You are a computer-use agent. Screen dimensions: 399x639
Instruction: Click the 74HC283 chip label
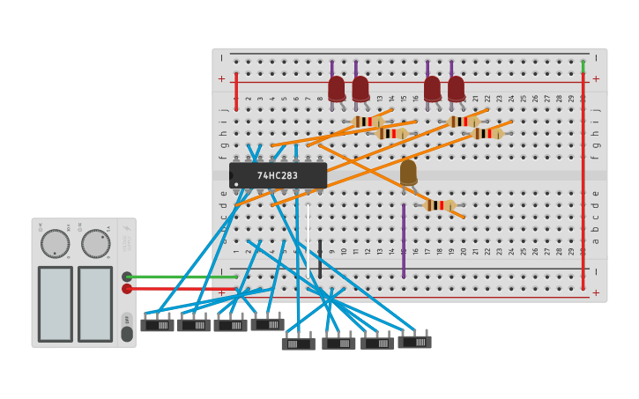point(278,175)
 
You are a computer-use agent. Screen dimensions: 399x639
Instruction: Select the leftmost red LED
point(337,88)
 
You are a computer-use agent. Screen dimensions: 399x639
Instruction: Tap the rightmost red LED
point(456,88)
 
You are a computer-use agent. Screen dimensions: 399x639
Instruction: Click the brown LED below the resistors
point(408,171)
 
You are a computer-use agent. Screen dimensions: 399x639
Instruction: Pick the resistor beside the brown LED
point(441,205)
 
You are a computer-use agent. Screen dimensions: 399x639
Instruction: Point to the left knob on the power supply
point(55,244)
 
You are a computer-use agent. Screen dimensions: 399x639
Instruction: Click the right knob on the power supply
point(95,244)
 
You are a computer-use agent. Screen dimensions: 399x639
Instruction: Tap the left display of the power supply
point(55,304)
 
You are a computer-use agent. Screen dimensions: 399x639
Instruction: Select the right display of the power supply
point(95,304)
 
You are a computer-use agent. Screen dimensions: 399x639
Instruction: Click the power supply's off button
point(127,319)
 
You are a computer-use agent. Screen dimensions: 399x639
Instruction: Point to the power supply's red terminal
point(127,288)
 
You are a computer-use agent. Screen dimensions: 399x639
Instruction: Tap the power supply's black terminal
point(127,277)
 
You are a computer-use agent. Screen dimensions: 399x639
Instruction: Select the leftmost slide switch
point(157,325)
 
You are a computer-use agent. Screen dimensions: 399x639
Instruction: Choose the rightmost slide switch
point(414,342)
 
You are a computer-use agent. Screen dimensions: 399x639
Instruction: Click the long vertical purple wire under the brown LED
point(404,242)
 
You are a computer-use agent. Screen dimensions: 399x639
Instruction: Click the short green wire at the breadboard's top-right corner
point(583,66)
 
